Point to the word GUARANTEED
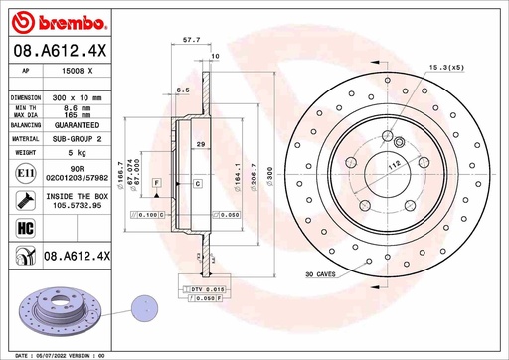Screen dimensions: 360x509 (x=77, y=126)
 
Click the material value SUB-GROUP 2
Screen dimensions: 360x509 (x=77, y=140)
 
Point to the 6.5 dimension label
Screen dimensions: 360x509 (x=183, y=90)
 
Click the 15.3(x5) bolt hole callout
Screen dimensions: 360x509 (x=445, y=67)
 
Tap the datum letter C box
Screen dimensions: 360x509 (x=197, y=185)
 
